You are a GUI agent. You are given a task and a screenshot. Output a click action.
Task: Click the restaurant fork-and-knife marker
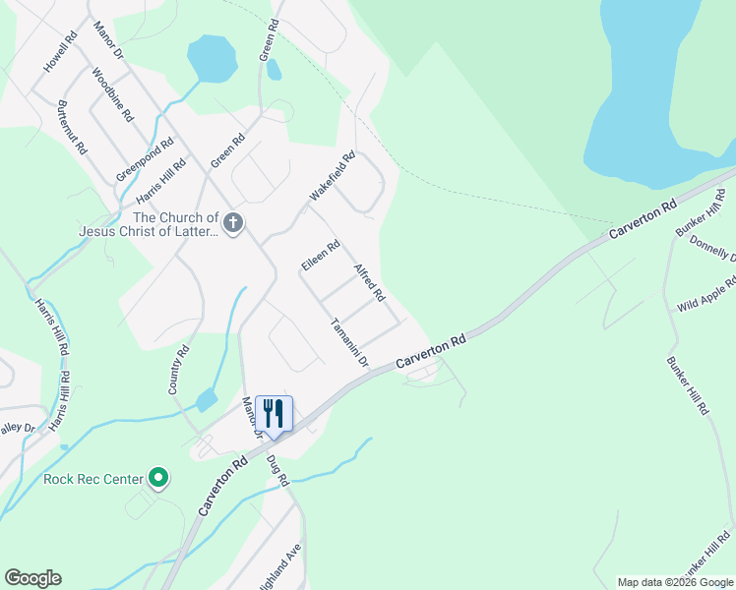tap(274, 412)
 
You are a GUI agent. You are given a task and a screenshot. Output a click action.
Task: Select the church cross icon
tap(232, 223)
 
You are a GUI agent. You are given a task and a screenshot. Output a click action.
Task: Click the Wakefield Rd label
tap(332, 177)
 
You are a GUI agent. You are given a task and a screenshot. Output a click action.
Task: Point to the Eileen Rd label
tap(321, 255)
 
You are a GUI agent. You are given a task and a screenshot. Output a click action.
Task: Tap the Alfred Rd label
tap(369, 282)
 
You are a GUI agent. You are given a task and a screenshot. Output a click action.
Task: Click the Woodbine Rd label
tap(112, 94)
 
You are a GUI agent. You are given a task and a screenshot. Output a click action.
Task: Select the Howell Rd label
tap(59, 54)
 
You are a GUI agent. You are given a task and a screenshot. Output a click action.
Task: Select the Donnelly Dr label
tap(712, 248)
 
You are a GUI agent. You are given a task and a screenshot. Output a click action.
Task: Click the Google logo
tap(32, 578)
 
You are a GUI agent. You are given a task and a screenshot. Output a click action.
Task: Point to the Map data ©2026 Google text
tap(675, 582)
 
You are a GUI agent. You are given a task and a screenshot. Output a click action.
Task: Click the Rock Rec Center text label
tap(94, 480)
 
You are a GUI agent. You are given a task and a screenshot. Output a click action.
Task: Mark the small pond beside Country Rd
tap(207, 400)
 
